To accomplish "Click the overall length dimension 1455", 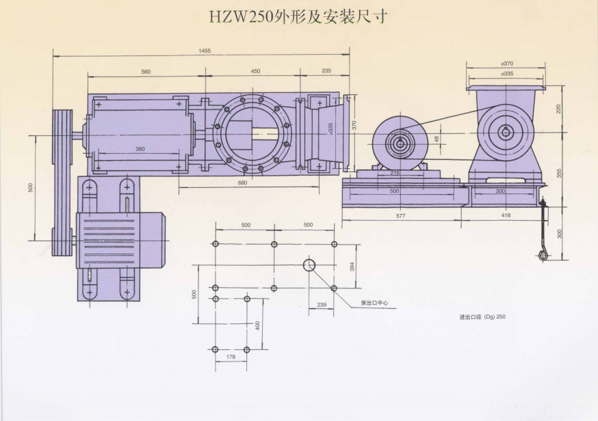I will tap(205, 51).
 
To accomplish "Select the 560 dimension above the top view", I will tap(145, 72).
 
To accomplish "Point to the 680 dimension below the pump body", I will tap(242, 182).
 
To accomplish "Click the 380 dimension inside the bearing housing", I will tap(140, 149).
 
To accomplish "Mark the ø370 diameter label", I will tap(507, 64).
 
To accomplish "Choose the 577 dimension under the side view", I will tap(401, 216).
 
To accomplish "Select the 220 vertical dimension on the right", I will tap(558, 109).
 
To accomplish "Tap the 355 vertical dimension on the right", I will tap(558, 174).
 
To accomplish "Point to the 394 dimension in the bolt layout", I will tap(352, 266).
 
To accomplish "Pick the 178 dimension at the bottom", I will tap(230, 357).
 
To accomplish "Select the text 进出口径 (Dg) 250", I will tap(482, 317).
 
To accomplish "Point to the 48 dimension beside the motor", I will tap(437, 139).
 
